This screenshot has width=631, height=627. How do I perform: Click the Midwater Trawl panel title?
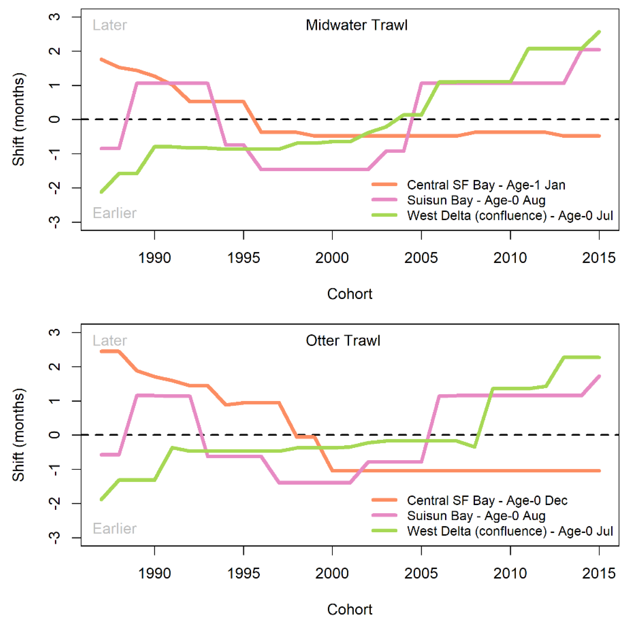(356, 25)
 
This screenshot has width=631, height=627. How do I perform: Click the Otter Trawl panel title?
(343, 341)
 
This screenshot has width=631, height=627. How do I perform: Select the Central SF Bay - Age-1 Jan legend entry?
(486, 185)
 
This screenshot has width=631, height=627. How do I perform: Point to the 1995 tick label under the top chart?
(243, 258)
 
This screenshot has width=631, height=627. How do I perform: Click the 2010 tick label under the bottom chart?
(510, 573)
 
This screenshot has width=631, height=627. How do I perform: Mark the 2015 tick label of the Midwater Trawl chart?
(599, 258)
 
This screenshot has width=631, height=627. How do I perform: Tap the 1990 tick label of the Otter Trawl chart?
(155, 573)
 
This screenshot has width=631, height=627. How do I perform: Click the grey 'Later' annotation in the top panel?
(110, 25)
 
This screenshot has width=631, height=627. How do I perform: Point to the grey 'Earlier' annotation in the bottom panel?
(114, 528)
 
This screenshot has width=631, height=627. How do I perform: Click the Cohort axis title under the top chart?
(349, 294)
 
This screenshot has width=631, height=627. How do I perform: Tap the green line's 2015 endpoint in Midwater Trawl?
(599, 32)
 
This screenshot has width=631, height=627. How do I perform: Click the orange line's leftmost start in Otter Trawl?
(102, 351)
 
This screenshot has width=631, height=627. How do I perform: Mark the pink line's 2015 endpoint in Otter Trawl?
(599, 376)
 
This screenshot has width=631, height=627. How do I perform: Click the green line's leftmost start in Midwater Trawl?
(102, 192)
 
